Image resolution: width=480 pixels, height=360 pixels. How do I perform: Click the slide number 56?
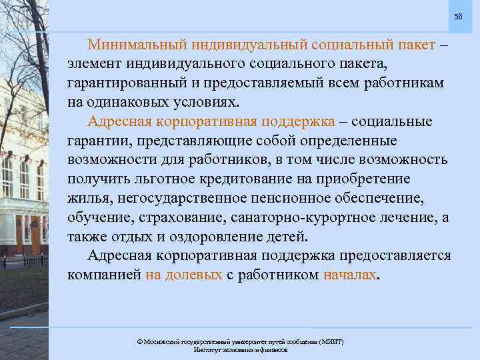457,17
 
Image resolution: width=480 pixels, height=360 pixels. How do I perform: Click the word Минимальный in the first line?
137,45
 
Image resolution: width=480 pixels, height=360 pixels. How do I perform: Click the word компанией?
103,275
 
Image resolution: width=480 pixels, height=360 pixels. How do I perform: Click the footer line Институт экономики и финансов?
240,349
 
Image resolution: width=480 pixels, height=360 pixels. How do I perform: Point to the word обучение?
98,218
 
